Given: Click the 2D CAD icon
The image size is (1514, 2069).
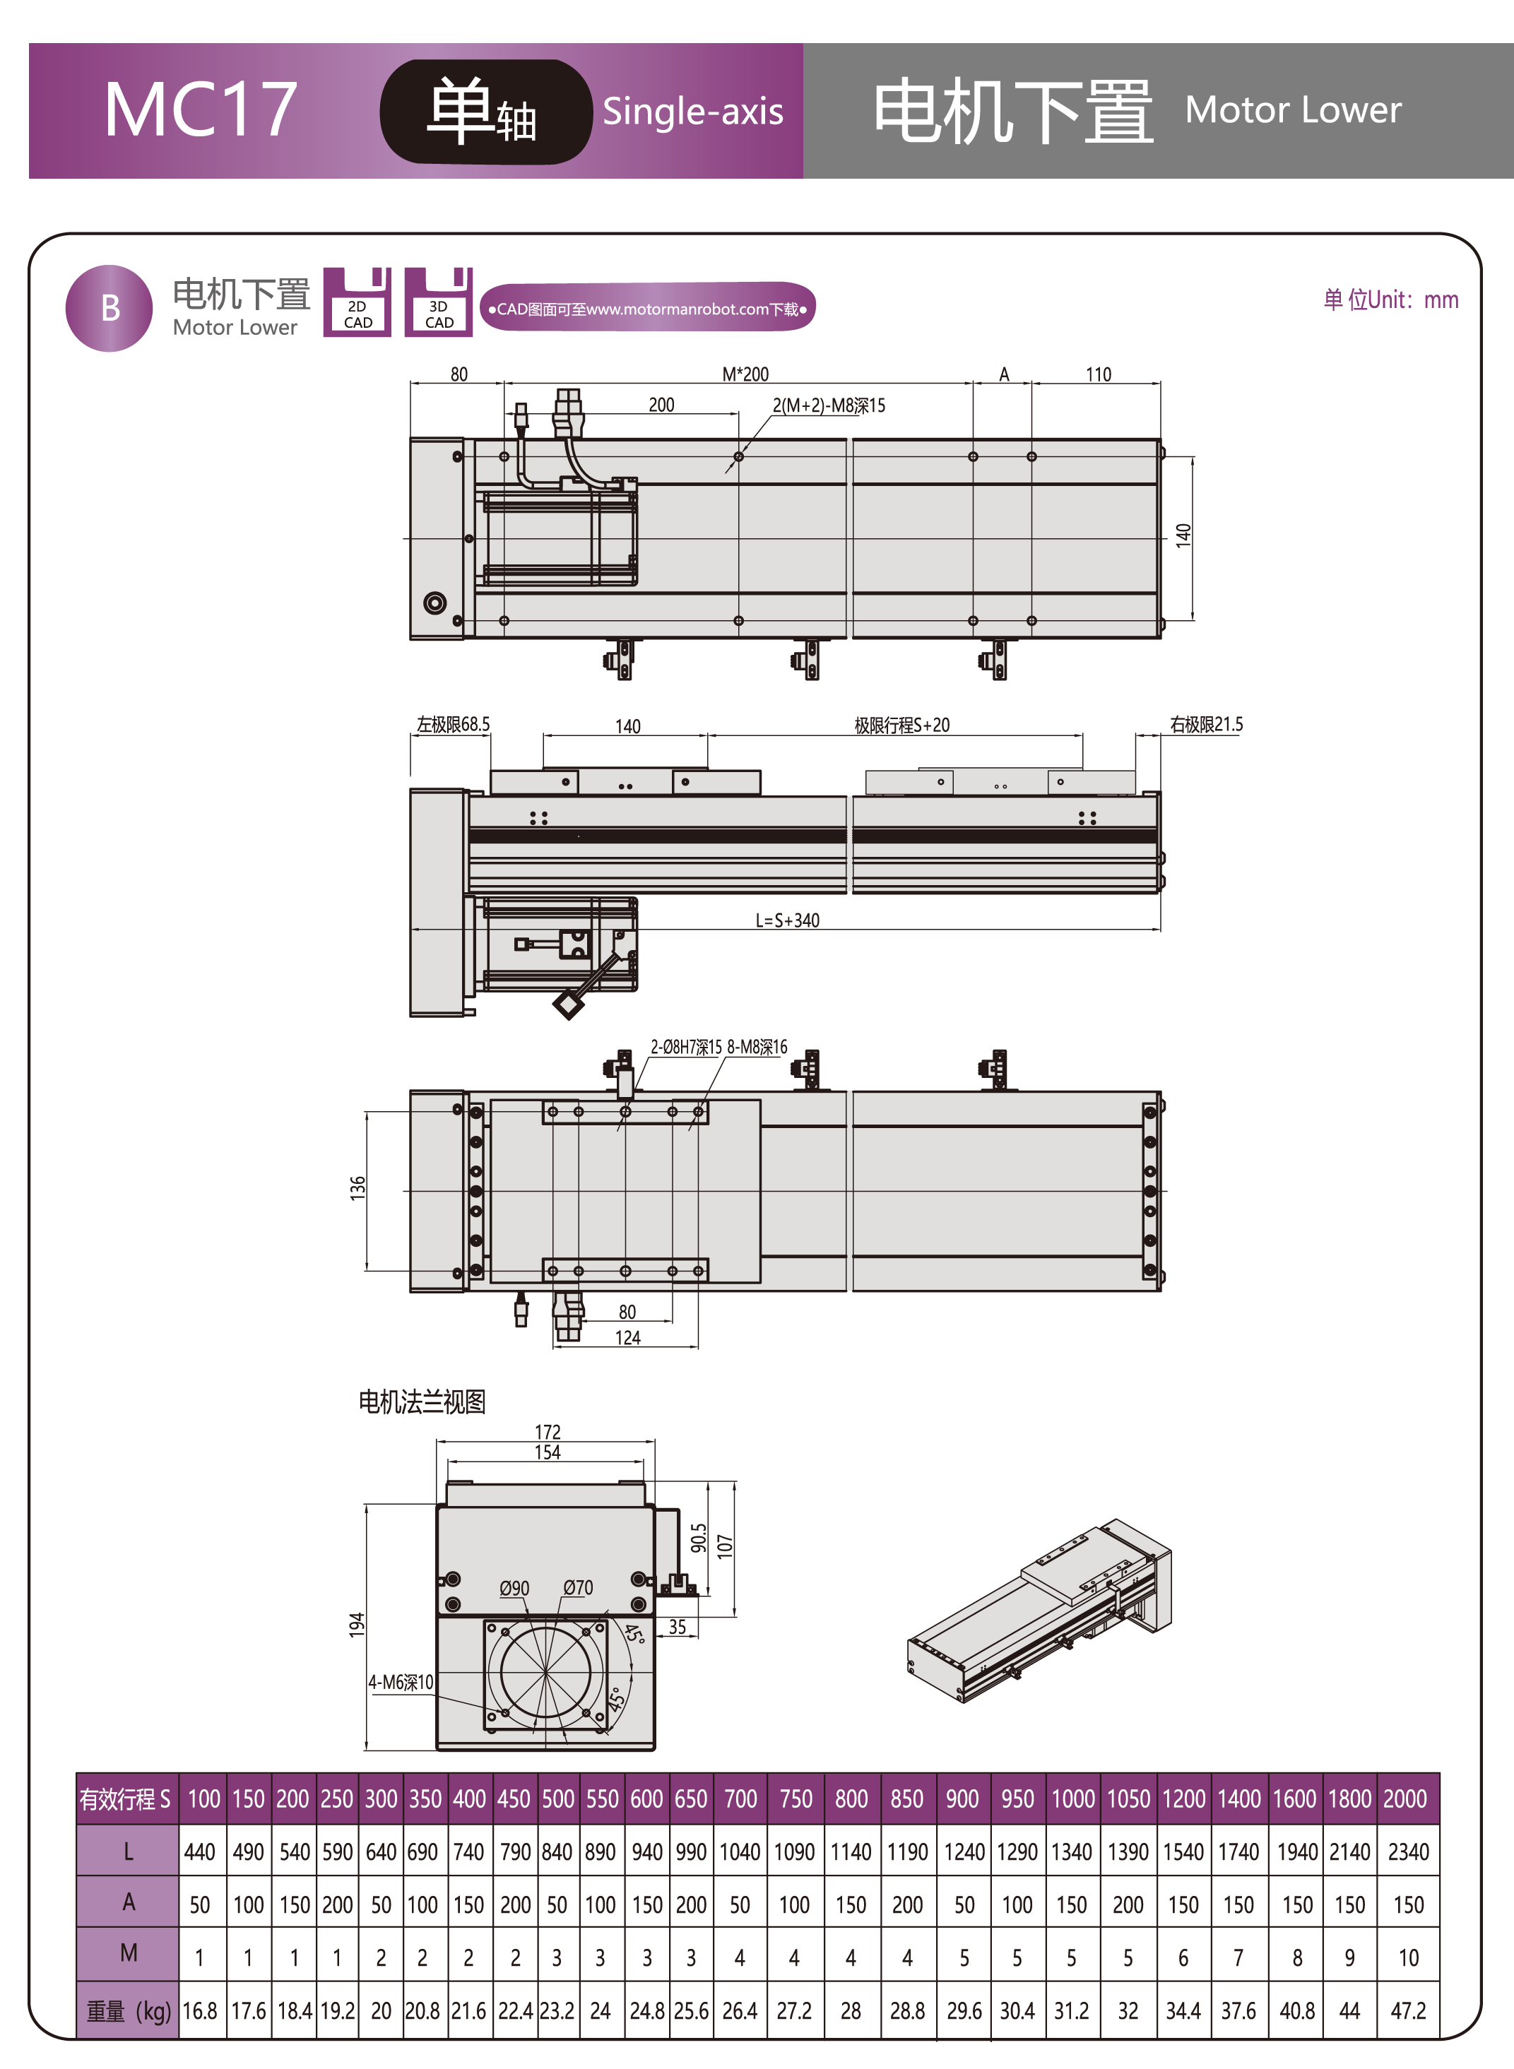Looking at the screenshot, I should pyautogui.click(x=357, y=302).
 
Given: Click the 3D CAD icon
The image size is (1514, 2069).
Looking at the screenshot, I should pyautogui.click(x=438, y=302).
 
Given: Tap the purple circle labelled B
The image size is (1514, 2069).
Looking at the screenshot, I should pyautogui.click(x=109, y=308).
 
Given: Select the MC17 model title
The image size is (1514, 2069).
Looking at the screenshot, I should pyautogui.click(x=200, y=110).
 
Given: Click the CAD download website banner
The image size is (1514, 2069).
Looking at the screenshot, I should pyautogui.click(x=647, y=309).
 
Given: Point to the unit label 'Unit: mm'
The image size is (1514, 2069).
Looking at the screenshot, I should pyautogui.click(x=1390, y=300).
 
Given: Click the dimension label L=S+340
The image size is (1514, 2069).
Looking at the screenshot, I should pyautogui.click(x=787, y=920).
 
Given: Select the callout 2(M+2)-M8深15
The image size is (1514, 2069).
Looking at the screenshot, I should pyautogui.click(x=829, y=405).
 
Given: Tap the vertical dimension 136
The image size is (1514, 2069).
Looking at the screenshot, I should pyautogui.click(x=357, y=1187).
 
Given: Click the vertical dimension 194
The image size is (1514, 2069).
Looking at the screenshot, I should pyautogui.click(x=357, y=1624).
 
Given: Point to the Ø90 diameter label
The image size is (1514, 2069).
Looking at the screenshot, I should pyautogui.click(x=514, y=1588).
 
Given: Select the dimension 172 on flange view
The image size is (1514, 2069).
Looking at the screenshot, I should pyautogui.click(x=547, y=1431).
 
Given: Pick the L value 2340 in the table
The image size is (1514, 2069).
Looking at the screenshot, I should pyautogui.click(x=1408, y=1852).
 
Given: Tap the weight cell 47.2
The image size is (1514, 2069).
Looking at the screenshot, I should pyautogui.click(x=1408, y=2010).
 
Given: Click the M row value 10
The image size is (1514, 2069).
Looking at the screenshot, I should pyautogui.click(x=1408, y=1957).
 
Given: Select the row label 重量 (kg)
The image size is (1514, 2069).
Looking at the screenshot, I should pyautogui.click(x=127, y=2010).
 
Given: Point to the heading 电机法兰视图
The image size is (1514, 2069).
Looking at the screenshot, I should pyautogui.click(x=422, y=1401).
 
